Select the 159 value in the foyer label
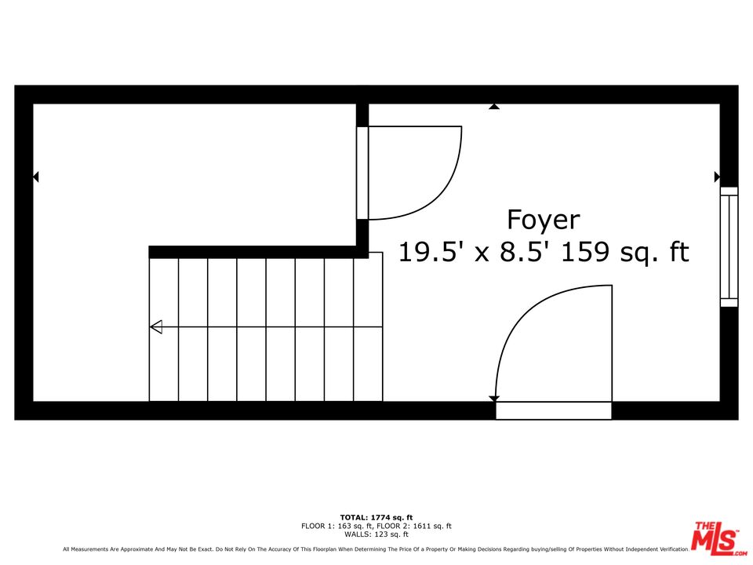tap(586, 253)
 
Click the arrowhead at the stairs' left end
tap(155, 326)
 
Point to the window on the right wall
tap(729, 246)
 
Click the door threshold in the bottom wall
tap(553, 410)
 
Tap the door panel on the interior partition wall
tap(362, 173)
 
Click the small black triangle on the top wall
tap(494, 106)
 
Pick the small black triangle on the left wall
tap(35, 177)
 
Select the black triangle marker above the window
tap(717, 177)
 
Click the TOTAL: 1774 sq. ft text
tap(376, 517)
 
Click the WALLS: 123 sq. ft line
tap(376, 534)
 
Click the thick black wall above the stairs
tap(259, 252)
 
